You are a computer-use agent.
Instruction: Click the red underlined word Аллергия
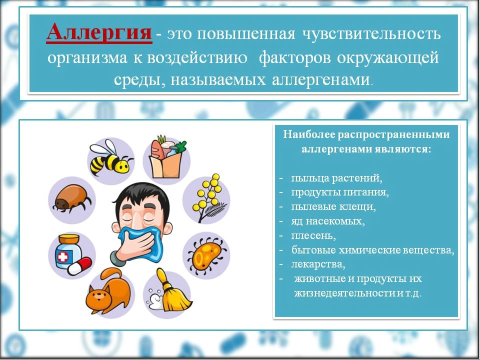point(99,33)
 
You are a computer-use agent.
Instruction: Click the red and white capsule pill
point(79,266)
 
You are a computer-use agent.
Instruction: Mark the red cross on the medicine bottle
point(63,257)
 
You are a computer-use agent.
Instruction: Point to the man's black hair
point(141,197)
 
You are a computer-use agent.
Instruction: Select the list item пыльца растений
point(336,178)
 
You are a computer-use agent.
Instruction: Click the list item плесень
point(313,235)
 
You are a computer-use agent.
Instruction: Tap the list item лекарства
point(318,264)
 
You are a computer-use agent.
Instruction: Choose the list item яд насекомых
point(328,221)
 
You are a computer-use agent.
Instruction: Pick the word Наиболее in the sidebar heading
point(308,134)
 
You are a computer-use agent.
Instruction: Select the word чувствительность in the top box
point(371,34)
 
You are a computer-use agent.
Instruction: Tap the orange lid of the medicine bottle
point(69,239)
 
